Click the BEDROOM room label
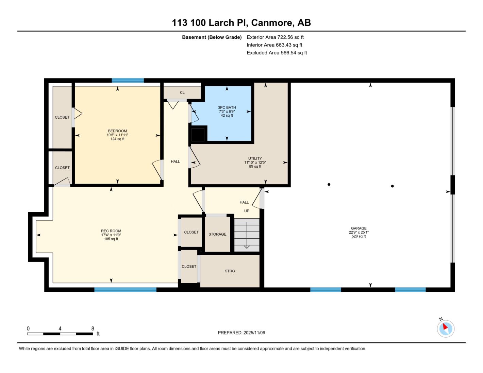point(117,131)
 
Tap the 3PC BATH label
point(227,107)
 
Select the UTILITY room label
point(255,158)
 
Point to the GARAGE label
point(359,228)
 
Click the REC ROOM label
point(111,231)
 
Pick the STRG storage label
point(230,271)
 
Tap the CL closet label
point(182,92)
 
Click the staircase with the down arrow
point(247,235)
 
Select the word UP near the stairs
point(247,211)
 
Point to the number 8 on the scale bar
point(93,328)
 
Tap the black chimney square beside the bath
point(198,135)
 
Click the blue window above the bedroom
point(128,81)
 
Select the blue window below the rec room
point(126,289)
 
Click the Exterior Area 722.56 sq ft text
point(275,37)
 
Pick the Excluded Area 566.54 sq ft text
point(277,53)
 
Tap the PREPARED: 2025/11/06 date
point(241,333)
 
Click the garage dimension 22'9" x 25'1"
point(359,232)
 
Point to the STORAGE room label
point(217,234)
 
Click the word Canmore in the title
point(272,23)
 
